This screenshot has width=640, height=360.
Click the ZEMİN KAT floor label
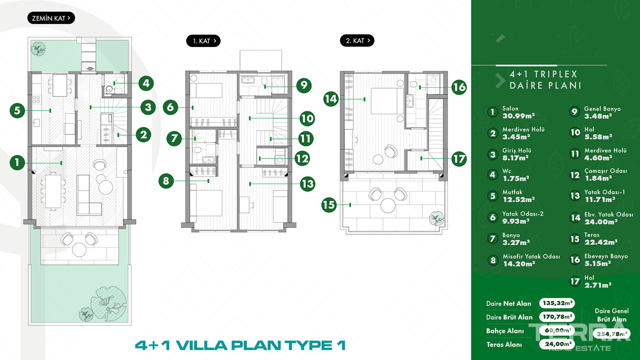51,18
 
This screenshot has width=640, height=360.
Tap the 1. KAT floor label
203,41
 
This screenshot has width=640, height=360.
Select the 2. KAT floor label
357,41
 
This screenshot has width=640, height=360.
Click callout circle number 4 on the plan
146,83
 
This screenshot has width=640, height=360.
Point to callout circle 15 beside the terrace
329,205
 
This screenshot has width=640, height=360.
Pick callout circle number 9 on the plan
304,85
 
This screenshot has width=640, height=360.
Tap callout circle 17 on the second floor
459,159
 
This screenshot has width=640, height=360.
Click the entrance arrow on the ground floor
91,69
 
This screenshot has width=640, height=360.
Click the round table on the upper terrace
388,205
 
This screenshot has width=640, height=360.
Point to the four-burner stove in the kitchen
36,99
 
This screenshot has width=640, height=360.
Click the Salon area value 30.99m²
518,116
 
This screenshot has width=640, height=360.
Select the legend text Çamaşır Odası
605,171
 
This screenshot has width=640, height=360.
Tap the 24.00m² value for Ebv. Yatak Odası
601,222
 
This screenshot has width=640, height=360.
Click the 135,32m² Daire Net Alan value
557,303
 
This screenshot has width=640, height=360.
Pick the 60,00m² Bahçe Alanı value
557,330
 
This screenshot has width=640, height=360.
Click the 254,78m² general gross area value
612,334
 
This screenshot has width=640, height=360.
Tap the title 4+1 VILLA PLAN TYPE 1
240,345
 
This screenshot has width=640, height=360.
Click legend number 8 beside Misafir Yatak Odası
493,260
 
